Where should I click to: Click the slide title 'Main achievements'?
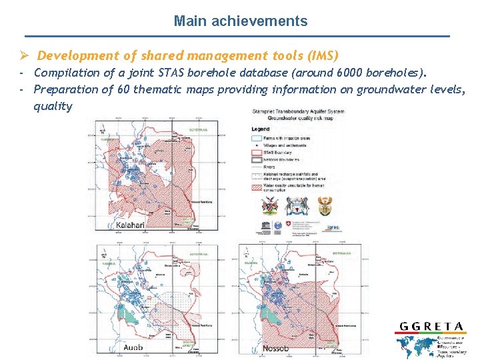coord(241,21)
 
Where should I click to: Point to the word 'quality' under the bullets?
coord(53,106)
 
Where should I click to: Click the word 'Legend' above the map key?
coord(261,129)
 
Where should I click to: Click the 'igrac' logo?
coord(333,227)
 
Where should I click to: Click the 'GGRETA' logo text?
coord(431,326)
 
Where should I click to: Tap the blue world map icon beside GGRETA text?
coord(414,346)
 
